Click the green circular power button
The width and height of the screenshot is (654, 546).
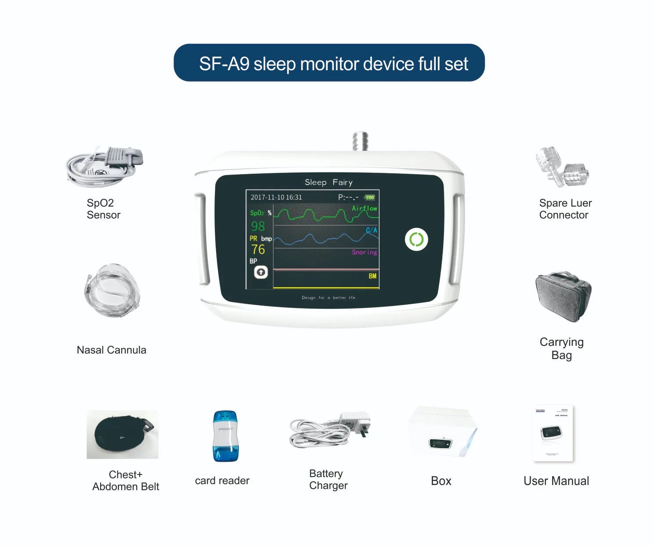416,240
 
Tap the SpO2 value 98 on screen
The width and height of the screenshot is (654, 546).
258,226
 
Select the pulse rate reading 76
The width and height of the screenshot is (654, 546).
258,249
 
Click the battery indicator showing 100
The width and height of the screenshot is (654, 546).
369,198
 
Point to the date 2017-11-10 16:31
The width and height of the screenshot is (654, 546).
276,198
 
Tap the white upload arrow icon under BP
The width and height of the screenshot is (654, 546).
261,273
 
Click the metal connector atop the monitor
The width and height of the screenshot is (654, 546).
360,141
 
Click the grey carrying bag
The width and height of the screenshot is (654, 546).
563,295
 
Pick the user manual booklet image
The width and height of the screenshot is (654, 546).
553,433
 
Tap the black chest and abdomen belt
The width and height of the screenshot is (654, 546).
122,435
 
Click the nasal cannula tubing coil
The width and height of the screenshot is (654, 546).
112,290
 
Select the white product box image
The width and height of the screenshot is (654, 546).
441,432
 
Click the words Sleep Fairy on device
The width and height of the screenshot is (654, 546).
329,182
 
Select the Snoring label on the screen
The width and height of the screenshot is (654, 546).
364,252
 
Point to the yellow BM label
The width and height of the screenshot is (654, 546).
372,276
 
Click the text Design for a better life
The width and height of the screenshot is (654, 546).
328,298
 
